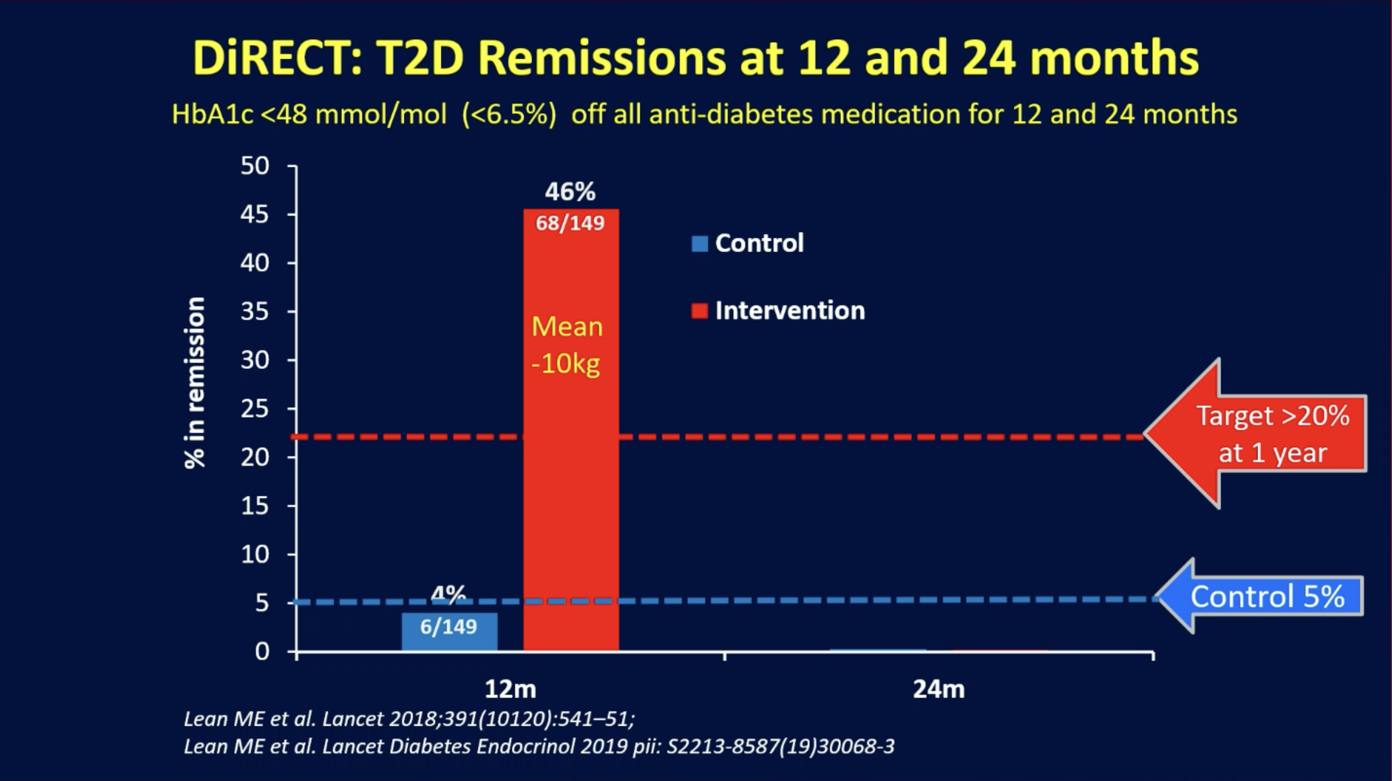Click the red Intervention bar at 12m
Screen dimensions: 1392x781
(571, 430)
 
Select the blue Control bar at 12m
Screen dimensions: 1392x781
(450, 632)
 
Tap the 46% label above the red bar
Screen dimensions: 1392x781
(570, 191)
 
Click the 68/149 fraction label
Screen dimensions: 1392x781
(570, 223)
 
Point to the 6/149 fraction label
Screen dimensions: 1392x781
(448, 627)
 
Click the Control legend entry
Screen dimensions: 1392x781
(748, 243)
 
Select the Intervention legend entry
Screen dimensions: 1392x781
(778, 311)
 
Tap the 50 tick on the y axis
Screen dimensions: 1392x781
(255, 166)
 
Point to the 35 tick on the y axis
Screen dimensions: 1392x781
(255, 312)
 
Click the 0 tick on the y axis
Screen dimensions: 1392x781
(262, 652)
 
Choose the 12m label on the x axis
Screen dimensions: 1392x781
(510, 689)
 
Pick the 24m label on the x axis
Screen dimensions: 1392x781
(939, 689)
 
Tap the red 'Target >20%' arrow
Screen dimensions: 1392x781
(1255, 434)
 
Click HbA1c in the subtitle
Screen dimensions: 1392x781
(213, 114)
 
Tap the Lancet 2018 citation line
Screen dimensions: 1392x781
(409, 719)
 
